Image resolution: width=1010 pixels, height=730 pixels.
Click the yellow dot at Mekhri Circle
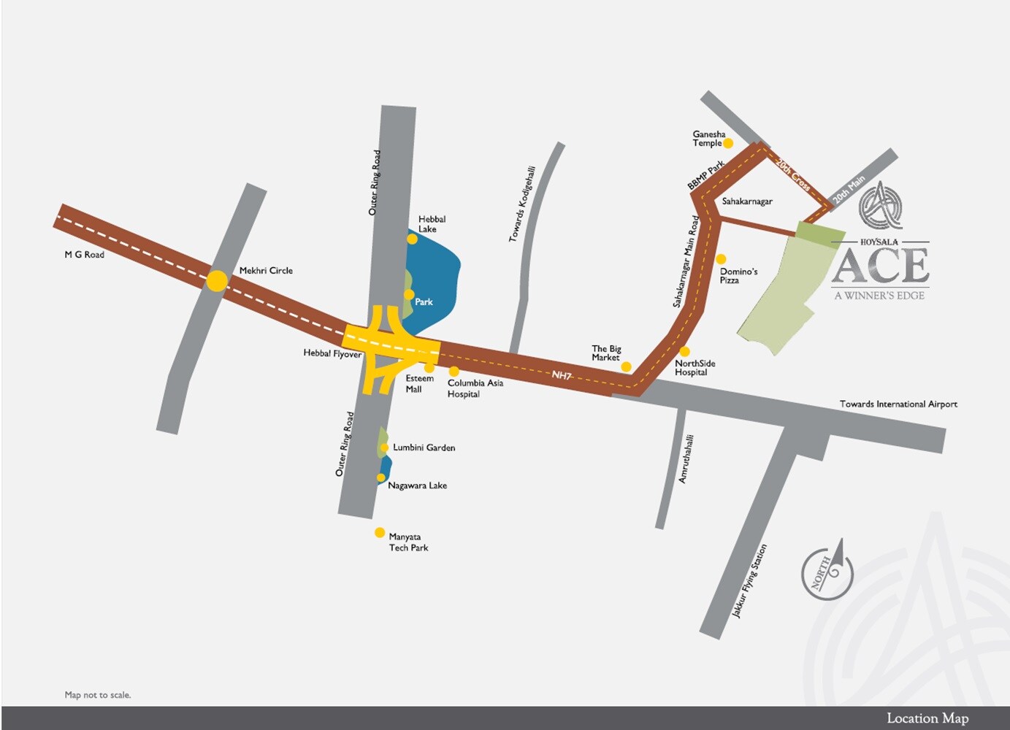(x=217, y=281)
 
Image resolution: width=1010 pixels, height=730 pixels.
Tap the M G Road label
(x=84, y=255)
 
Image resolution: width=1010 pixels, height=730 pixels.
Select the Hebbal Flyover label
(x=332, y=353)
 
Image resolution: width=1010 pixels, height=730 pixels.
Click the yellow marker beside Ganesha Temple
(x=728, y=143)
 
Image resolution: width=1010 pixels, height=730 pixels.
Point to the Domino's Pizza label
(x=738, y=275)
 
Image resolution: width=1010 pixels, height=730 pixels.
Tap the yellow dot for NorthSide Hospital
(x=684, y=352)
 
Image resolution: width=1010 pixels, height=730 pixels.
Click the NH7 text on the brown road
(x=562, y=375)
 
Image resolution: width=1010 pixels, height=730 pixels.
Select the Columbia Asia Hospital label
(x=475, y=388)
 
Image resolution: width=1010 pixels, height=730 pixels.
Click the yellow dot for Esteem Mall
(x=429, y=368)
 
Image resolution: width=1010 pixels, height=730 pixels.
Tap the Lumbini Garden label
(x=424, y=447)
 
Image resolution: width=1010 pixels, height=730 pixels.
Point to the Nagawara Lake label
(x=417, y=485)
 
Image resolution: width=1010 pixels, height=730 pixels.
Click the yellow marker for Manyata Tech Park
(x=380, y=533)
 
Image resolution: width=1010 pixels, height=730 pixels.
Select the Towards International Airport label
(x=898, y=404)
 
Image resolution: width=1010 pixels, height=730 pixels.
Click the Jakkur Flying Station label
(x=749, y=581)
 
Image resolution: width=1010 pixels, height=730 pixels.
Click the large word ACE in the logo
(x=880, y=266)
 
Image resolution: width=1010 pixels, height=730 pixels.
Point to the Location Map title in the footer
(x=927, y=718)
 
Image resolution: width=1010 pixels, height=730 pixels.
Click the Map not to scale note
(x=98, y=695)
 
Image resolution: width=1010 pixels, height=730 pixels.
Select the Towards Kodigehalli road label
(x=523, y=204)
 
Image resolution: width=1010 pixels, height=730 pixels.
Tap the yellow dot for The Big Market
(x=626, y=366)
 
